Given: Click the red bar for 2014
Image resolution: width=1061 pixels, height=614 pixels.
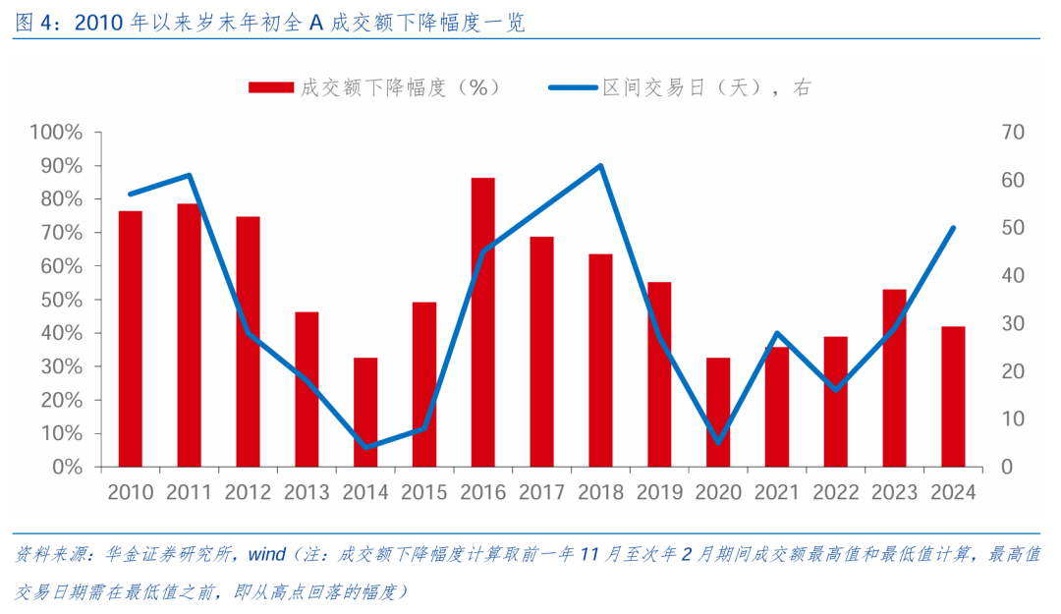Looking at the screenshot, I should click(365, 412).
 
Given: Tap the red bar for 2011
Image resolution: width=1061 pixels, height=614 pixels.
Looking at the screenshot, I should click(189, 335).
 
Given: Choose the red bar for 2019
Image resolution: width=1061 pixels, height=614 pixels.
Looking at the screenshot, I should click(659, 374).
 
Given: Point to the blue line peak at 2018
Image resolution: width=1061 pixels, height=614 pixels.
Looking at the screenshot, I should click(600, 165).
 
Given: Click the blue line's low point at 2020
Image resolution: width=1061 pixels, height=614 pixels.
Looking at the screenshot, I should click(718, 442).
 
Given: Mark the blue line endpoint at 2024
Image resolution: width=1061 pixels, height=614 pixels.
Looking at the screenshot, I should click(953, 228).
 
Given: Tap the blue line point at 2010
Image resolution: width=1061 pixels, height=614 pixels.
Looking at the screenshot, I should click(131, 194).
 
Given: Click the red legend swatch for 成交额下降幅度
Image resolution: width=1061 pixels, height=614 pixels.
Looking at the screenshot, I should click(271, 87).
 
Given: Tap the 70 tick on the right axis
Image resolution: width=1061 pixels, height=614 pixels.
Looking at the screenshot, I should click(1012, 133).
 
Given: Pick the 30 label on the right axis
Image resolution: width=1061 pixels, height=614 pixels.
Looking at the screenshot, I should click(1012, 323).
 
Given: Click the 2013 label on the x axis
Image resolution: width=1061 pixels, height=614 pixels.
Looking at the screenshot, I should click(307, 492).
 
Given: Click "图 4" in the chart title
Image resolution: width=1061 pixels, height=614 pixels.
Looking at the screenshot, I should click(34, 23).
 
